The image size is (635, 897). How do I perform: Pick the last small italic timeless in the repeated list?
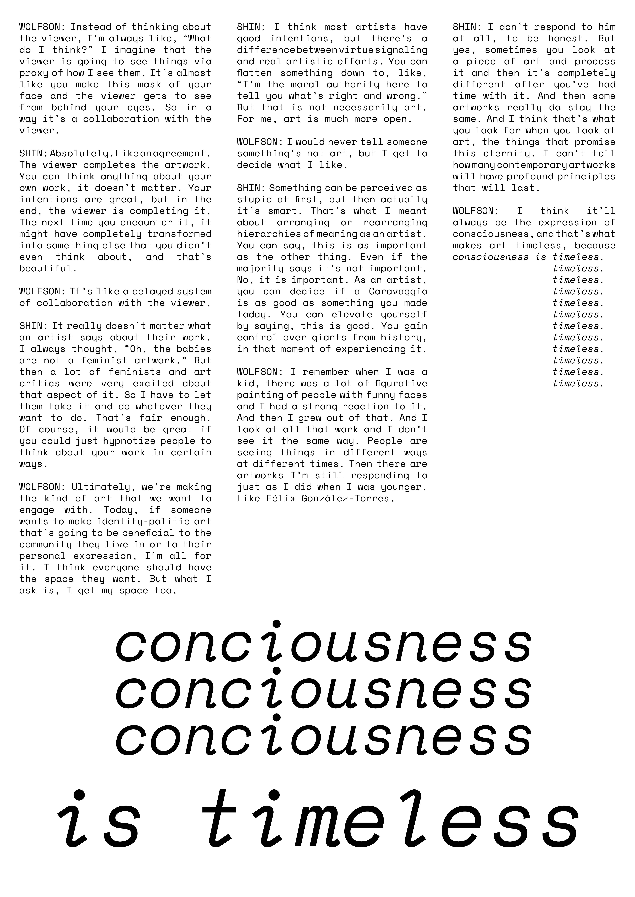point(578,384)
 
